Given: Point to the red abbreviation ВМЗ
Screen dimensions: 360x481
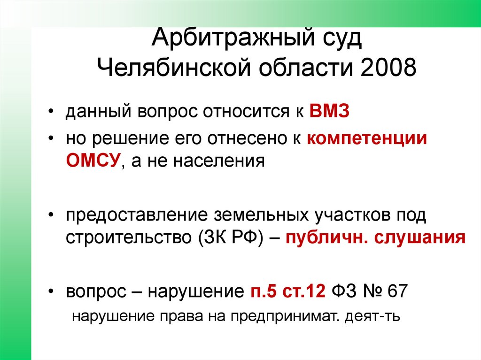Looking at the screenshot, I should (330, 114).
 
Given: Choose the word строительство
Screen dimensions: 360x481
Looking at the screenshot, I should (127, 237).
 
